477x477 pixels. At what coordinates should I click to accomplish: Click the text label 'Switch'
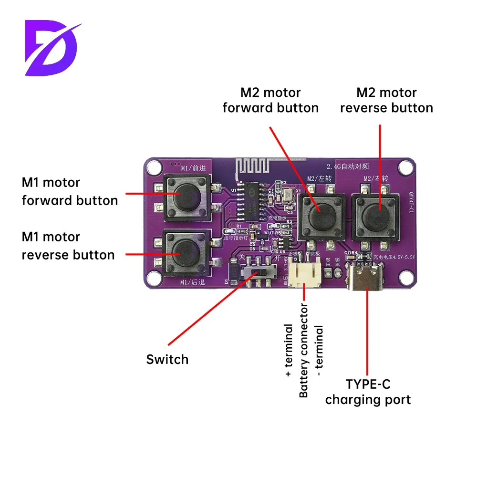click(x=167, y=359)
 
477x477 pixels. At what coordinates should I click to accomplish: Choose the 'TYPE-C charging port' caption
click(x=368, y=392)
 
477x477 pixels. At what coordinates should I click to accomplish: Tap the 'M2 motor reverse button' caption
click(x=386, y=100)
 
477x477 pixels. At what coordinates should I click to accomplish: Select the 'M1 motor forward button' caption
click(x=70, y=191)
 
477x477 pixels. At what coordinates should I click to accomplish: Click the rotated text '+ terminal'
click(x=289, y=351)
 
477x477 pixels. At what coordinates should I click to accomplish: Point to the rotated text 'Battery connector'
click(x=304, y=351)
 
